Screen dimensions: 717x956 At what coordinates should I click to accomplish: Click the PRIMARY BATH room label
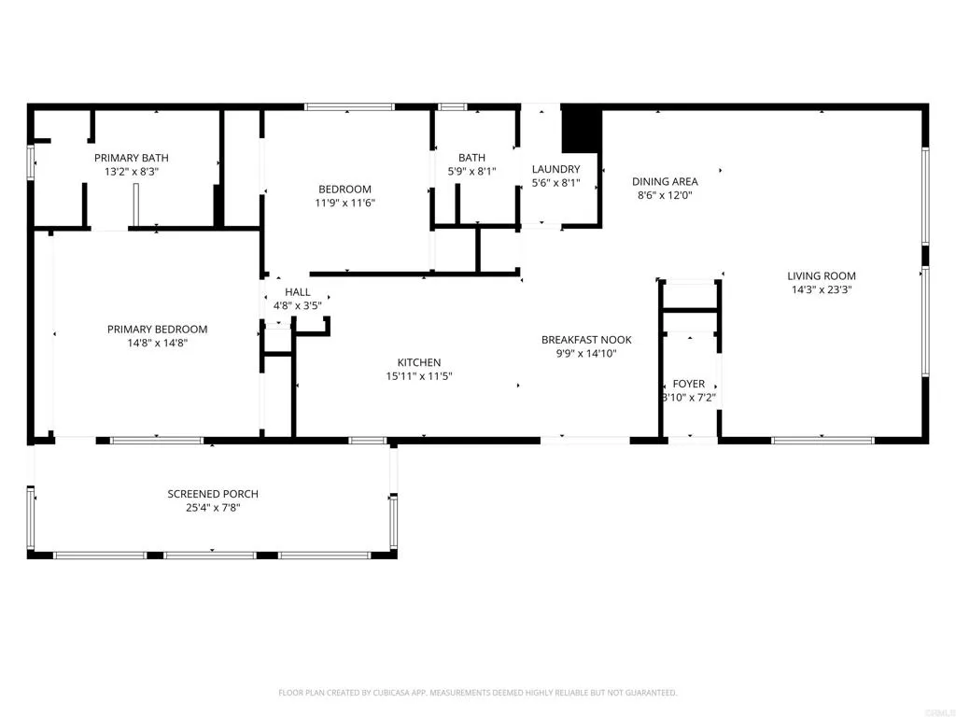coord(131,158)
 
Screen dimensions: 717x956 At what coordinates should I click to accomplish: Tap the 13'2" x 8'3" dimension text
coord(131,172)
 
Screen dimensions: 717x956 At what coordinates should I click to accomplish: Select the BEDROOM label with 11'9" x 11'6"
coord(345,189)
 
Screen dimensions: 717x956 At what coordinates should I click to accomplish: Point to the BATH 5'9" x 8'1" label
coord(471,158)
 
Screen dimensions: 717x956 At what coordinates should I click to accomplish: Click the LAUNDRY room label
coord(555,169)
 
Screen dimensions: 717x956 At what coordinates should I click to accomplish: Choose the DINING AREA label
coord(665,181)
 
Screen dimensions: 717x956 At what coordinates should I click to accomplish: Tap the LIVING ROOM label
coord(821,275)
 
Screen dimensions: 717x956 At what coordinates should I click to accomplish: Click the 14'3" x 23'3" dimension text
coord(821,289)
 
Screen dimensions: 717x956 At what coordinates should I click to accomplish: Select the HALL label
coord(298,292)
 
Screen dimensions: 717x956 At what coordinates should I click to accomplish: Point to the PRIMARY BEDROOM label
coord(157,329)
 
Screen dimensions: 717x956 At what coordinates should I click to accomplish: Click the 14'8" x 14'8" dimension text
coord(157,343)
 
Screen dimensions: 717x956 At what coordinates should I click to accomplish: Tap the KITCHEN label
coord(419,362)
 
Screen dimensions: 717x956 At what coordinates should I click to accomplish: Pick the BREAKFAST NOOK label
coord(586,340)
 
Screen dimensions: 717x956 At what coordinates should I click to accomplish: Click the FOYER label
coord(689,384)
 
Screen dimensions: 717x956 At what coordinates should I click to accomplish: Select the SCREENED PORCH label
coord(213,494)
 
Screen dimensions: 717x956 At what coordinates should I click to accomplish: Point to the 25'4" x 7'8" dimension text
coord(213,508)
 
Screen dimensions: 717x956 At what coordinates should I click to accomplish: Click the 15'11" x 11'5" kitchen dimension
coord(419,376)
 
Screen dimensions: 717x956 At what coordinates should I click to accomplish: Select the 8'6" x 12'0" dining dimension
coord(665,195)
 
